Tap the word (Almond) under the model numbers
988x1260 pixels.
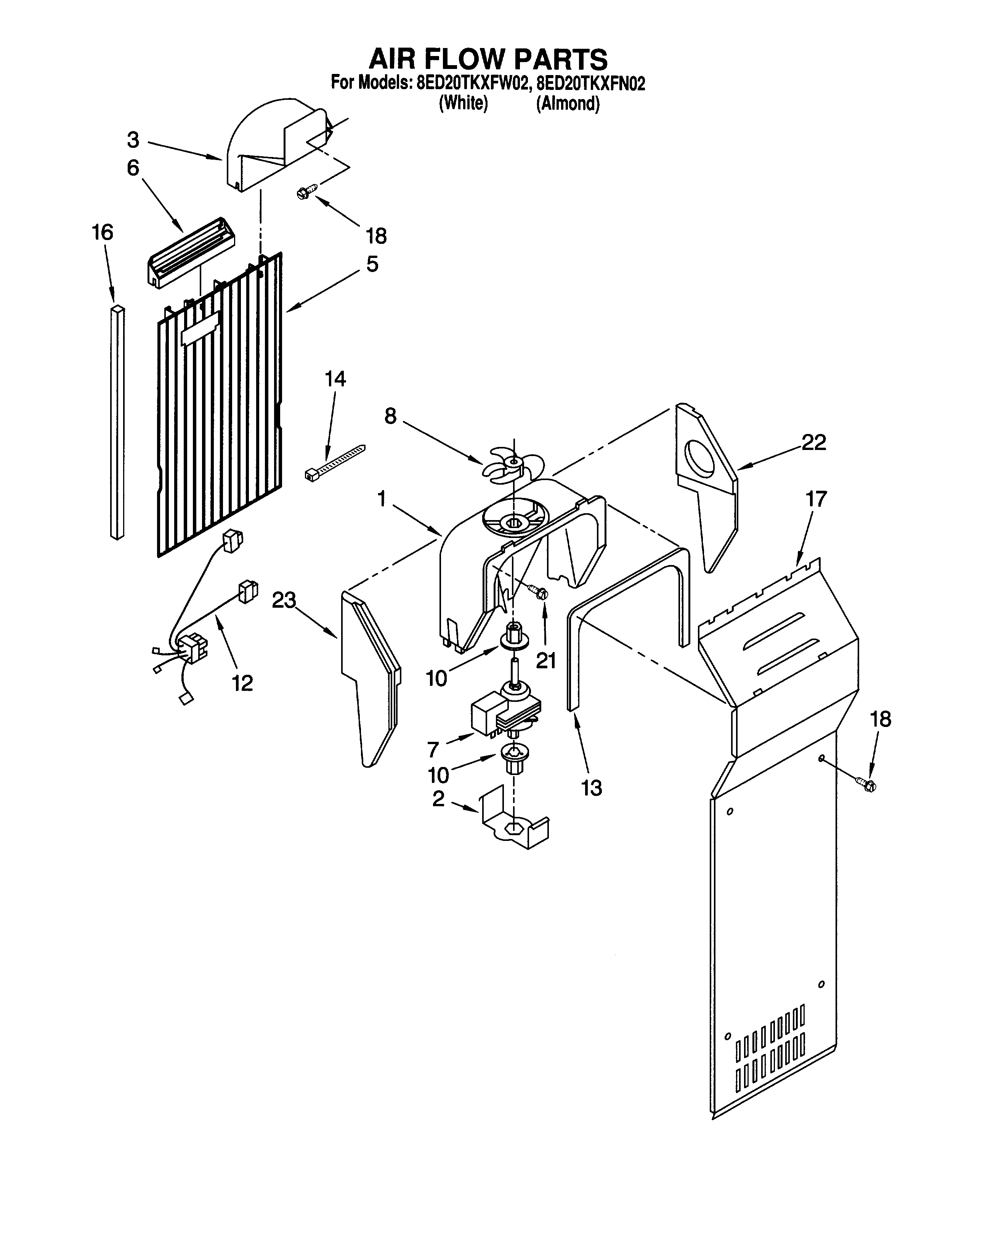[x=568, y=104]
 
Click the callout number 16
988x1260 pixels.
[x=103, y=232]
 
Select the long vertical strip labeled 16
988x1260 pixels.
[x=117, y=422]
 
